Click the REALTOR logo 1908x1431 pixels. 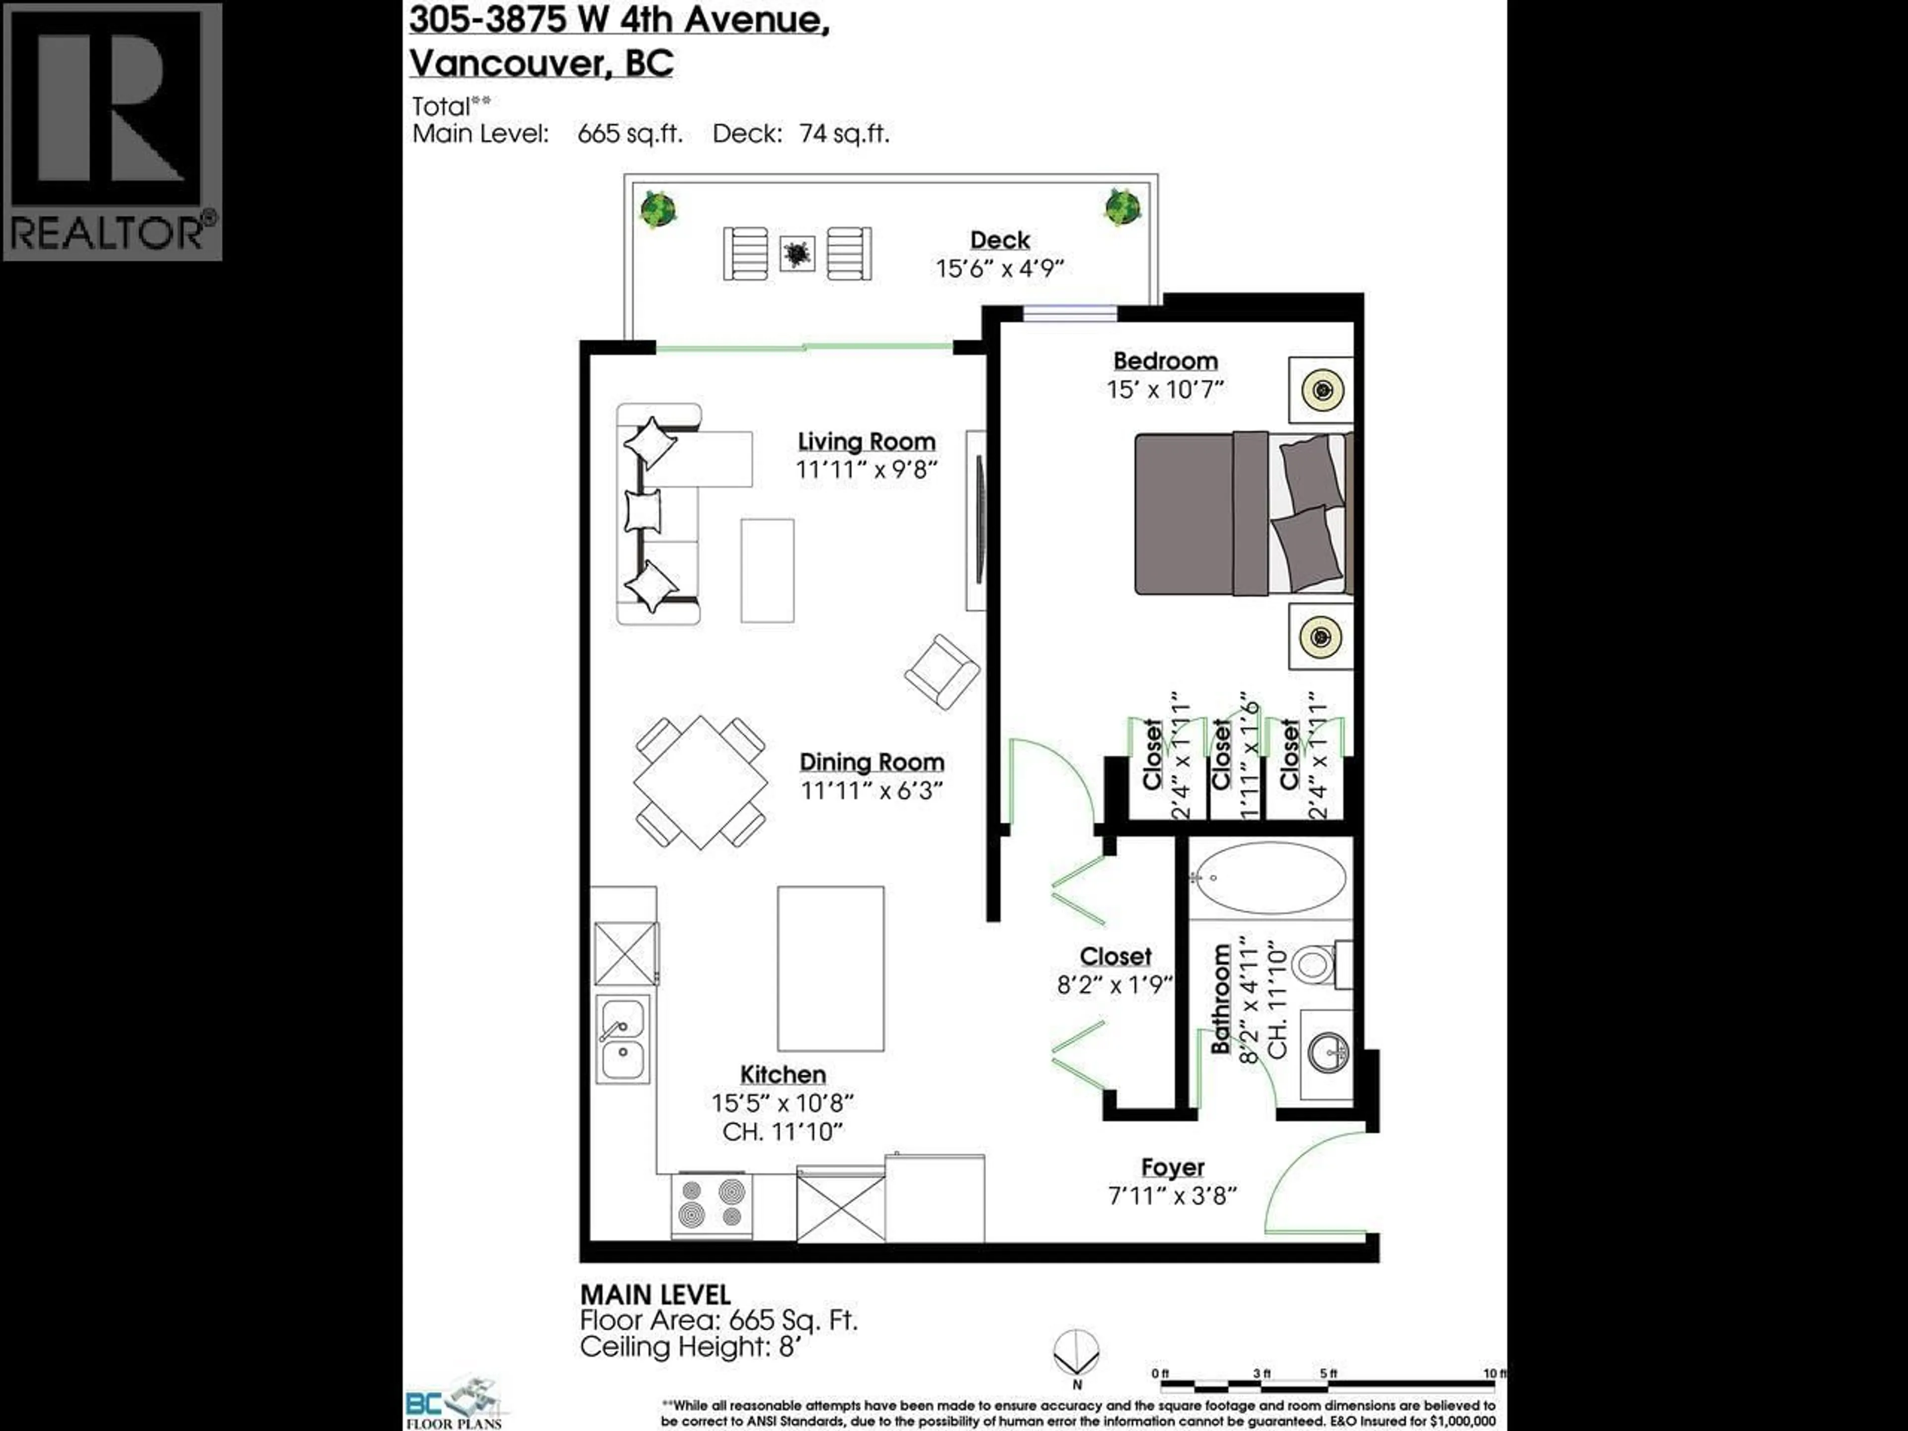(x=112, y=131)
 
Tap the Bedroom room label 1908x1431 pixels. (x=1165, y=361)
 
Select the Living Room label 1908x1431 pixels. (x=866, y=442)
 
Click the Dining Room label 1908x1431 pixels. (x=871, y=763)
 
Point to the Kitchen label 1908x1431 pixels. (x=783, y=1075)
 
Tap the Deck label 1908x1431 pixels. (x=1000, y=240)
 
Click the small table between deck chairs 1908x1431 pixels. (x=797, y=253)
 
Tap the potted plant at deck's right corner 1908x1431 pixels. (x=1122, y=208)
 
